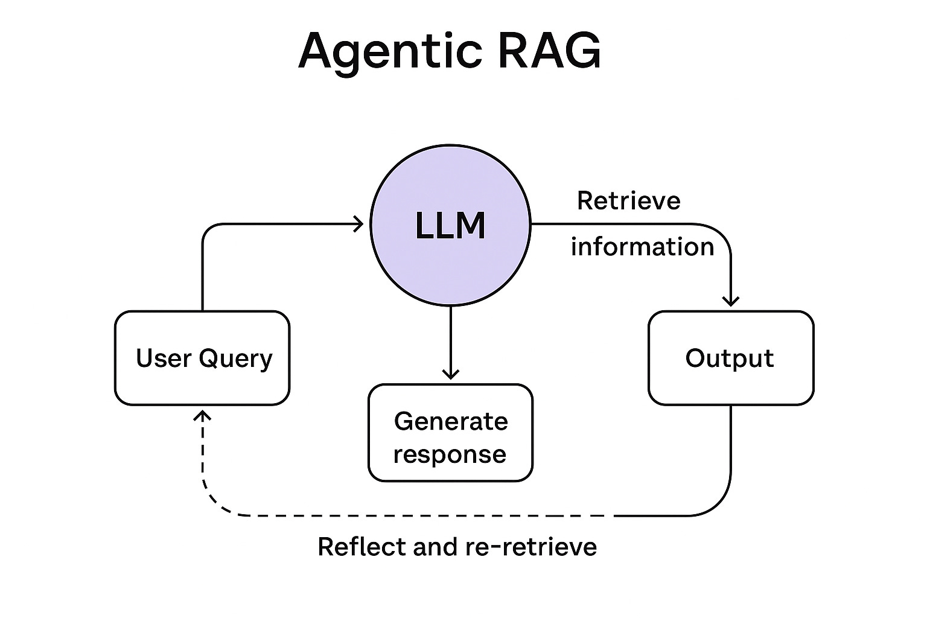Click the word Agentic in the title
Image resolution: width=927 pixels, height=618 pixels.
click(390, 51)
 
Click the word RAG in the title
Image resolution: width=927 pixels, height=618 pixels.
click(549, 51)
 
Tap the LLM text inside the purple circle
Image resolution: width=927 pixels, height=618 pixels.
click(450, 226)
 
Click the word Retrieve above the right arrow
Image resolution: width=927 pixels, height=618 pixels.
click(628, 200)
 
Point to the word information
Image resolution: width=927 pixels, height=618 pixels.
click(642, 247)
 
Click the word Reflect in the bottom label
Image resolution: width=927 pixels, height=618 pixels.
click(362, 547)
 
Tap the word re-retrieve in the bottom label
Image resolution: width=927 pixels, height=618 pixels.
click(531, 547)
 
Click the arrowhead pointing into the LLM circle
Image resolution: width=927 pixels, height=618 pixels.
click(360, 225)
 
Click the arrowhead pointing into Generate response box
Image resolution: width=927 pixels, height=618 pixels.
click(450, 374)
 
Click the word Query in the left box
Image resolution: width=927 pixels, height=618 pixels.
click(235, 359)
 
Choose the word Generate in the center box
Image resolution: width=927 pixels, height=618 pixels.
click(450, 421)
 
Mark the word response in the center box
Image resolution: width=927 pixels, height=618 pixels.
click(450, 454)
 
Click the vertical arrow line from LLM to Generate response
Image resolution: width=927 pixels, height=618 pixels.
click(450, 338)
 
